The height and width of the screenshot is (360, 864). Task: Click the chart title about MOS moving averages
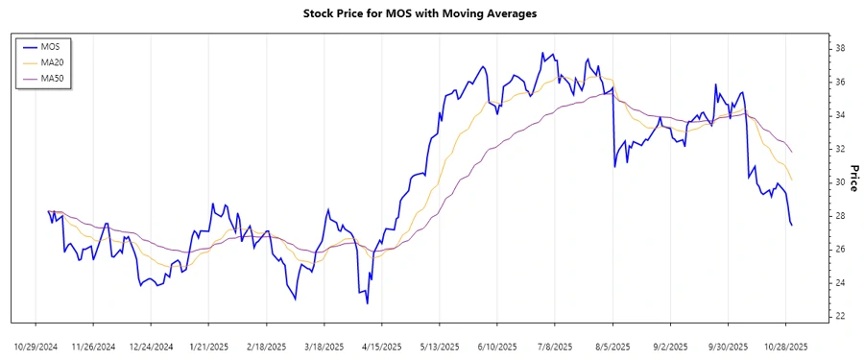(x=431, y=13)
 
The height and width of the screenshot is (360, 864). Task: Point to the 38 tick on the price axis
(x=839, y=48)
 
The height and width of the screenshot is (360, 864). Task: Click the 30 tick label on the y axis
(x=839, y=182)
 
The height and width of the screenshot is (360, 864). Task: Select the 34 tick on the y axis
(x=839, y=115)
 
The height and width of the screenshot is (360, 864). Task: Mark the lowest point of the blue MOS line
(x=367, y=303)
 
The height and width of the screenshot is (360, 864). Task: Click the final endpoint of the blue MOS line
(x=792, y=225)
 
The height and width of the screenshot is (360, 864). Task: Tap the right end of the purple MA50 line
(x=792, y=152)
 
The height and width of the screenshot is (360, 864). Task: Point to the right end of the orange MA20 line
(x=792, y=180)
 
